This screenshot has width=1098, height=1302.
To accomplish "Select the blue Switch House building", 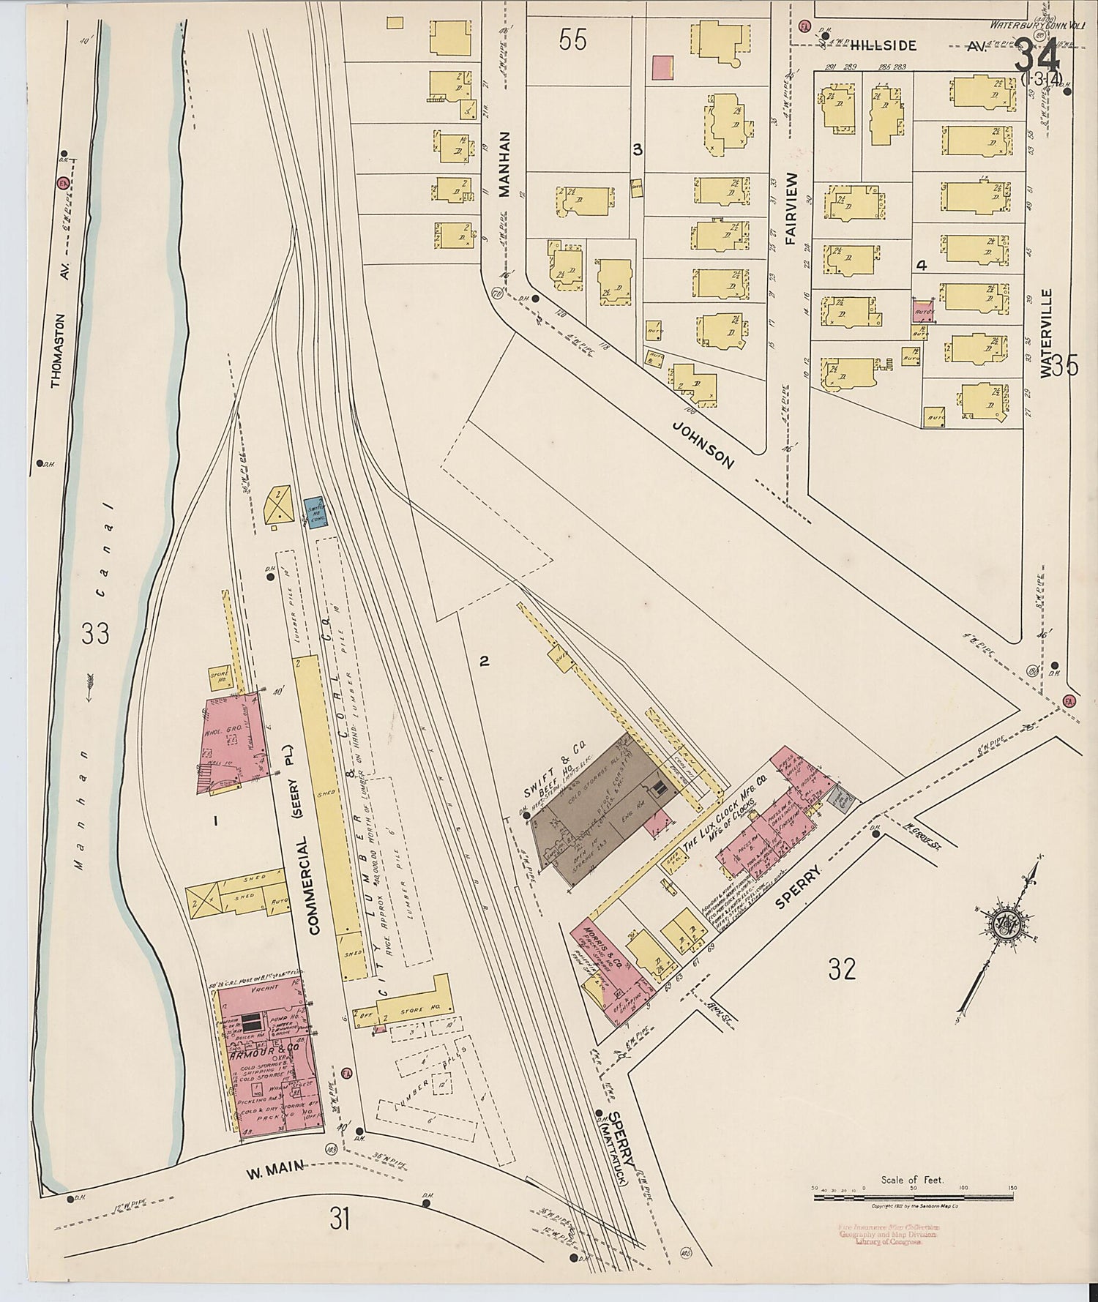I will click(x=317, y=511).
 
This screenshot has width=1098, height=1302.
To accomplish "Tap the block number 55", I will click(x=572, y=41).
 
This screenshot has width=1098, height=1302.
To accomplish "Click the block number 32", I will click(x=843, y=970).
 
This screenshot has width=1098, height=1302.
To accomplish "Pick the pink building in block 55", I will click(x=662, y=67).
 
